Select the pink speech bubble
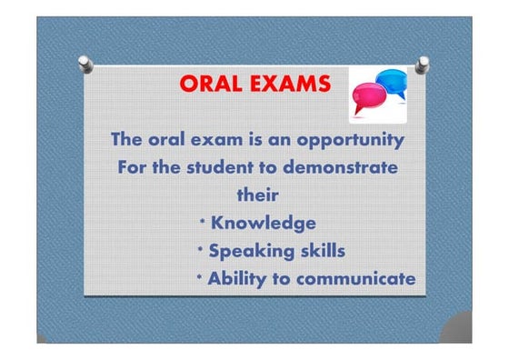[x=368, y=97]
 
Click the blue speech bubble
[x=393, y=83]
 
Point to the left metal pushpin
[x=85, y=62]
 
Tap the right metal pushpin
[x=423, y=63]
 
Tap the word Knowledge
[x=264, y=223]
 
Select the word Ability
[x=237, y=278]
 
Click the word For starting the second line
[x=135, y=168]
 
